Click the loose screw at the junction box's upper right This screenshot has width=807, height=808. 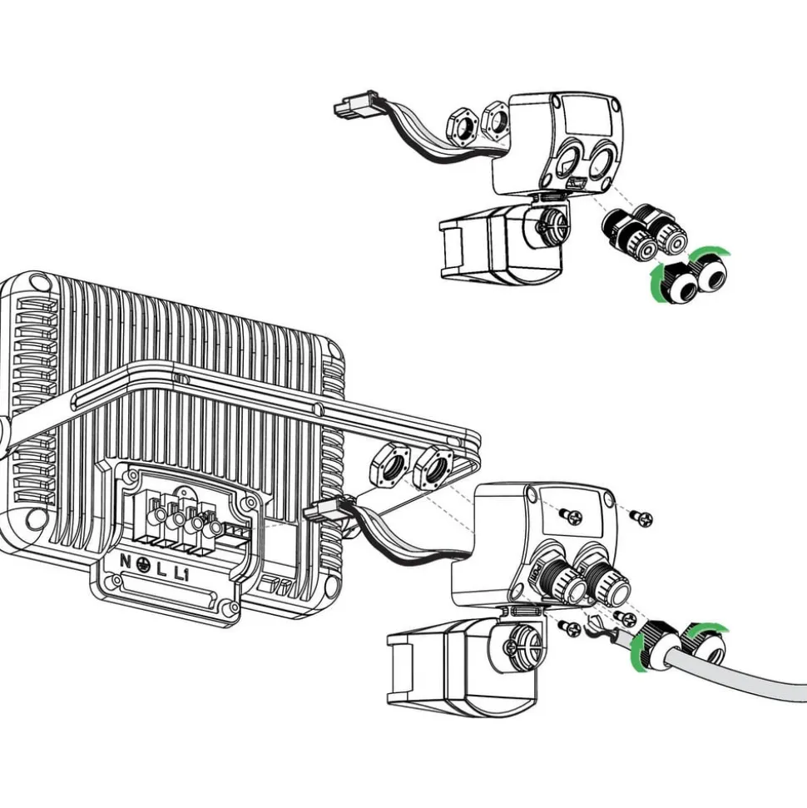[x=641, y=518]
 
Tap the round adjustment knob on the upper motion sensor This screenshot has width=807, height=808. [x=553, y=223]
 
